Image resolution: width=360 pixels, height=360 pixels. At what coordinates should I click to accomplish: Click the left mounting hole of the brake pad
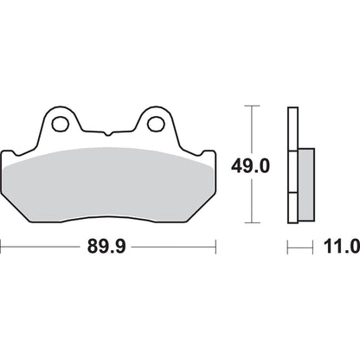pyautogui.click(x=60, y=124)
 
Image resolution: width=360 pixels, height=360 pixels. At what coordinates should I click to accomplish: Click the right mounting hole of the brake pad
pyautogui.click(x=156, y=124)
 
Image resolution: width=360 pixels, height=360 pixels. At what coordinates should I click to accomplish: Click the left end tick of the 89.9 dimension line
pyautogui.click(x=2, y=247)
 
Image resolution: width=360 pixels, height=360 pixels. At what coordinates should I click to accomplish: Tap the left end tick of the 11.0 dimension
pyautogui.click(x=288, y=247)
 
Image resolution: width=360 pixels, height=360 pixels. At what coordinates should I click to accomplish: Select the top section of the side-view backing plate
pyautogui.click(x=292, y=125)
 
